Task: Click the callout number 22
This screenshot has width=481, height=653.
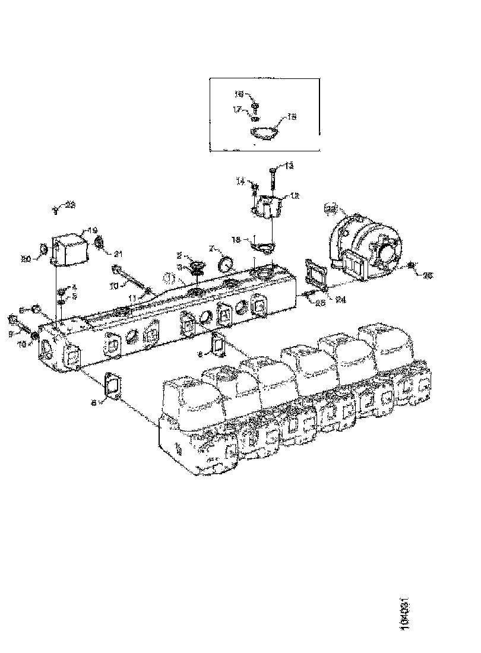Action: tap(70, 205)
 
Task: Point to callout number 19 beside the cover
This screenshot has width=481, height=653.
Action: tap(93, 230)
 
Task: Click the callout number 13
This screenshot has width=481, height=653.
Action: tap(289, 166)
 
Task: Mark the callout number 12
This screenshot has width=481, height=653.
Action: tap(295, 195)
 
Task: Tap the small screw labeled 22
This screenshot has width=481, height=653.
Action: tap(55, 208)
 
